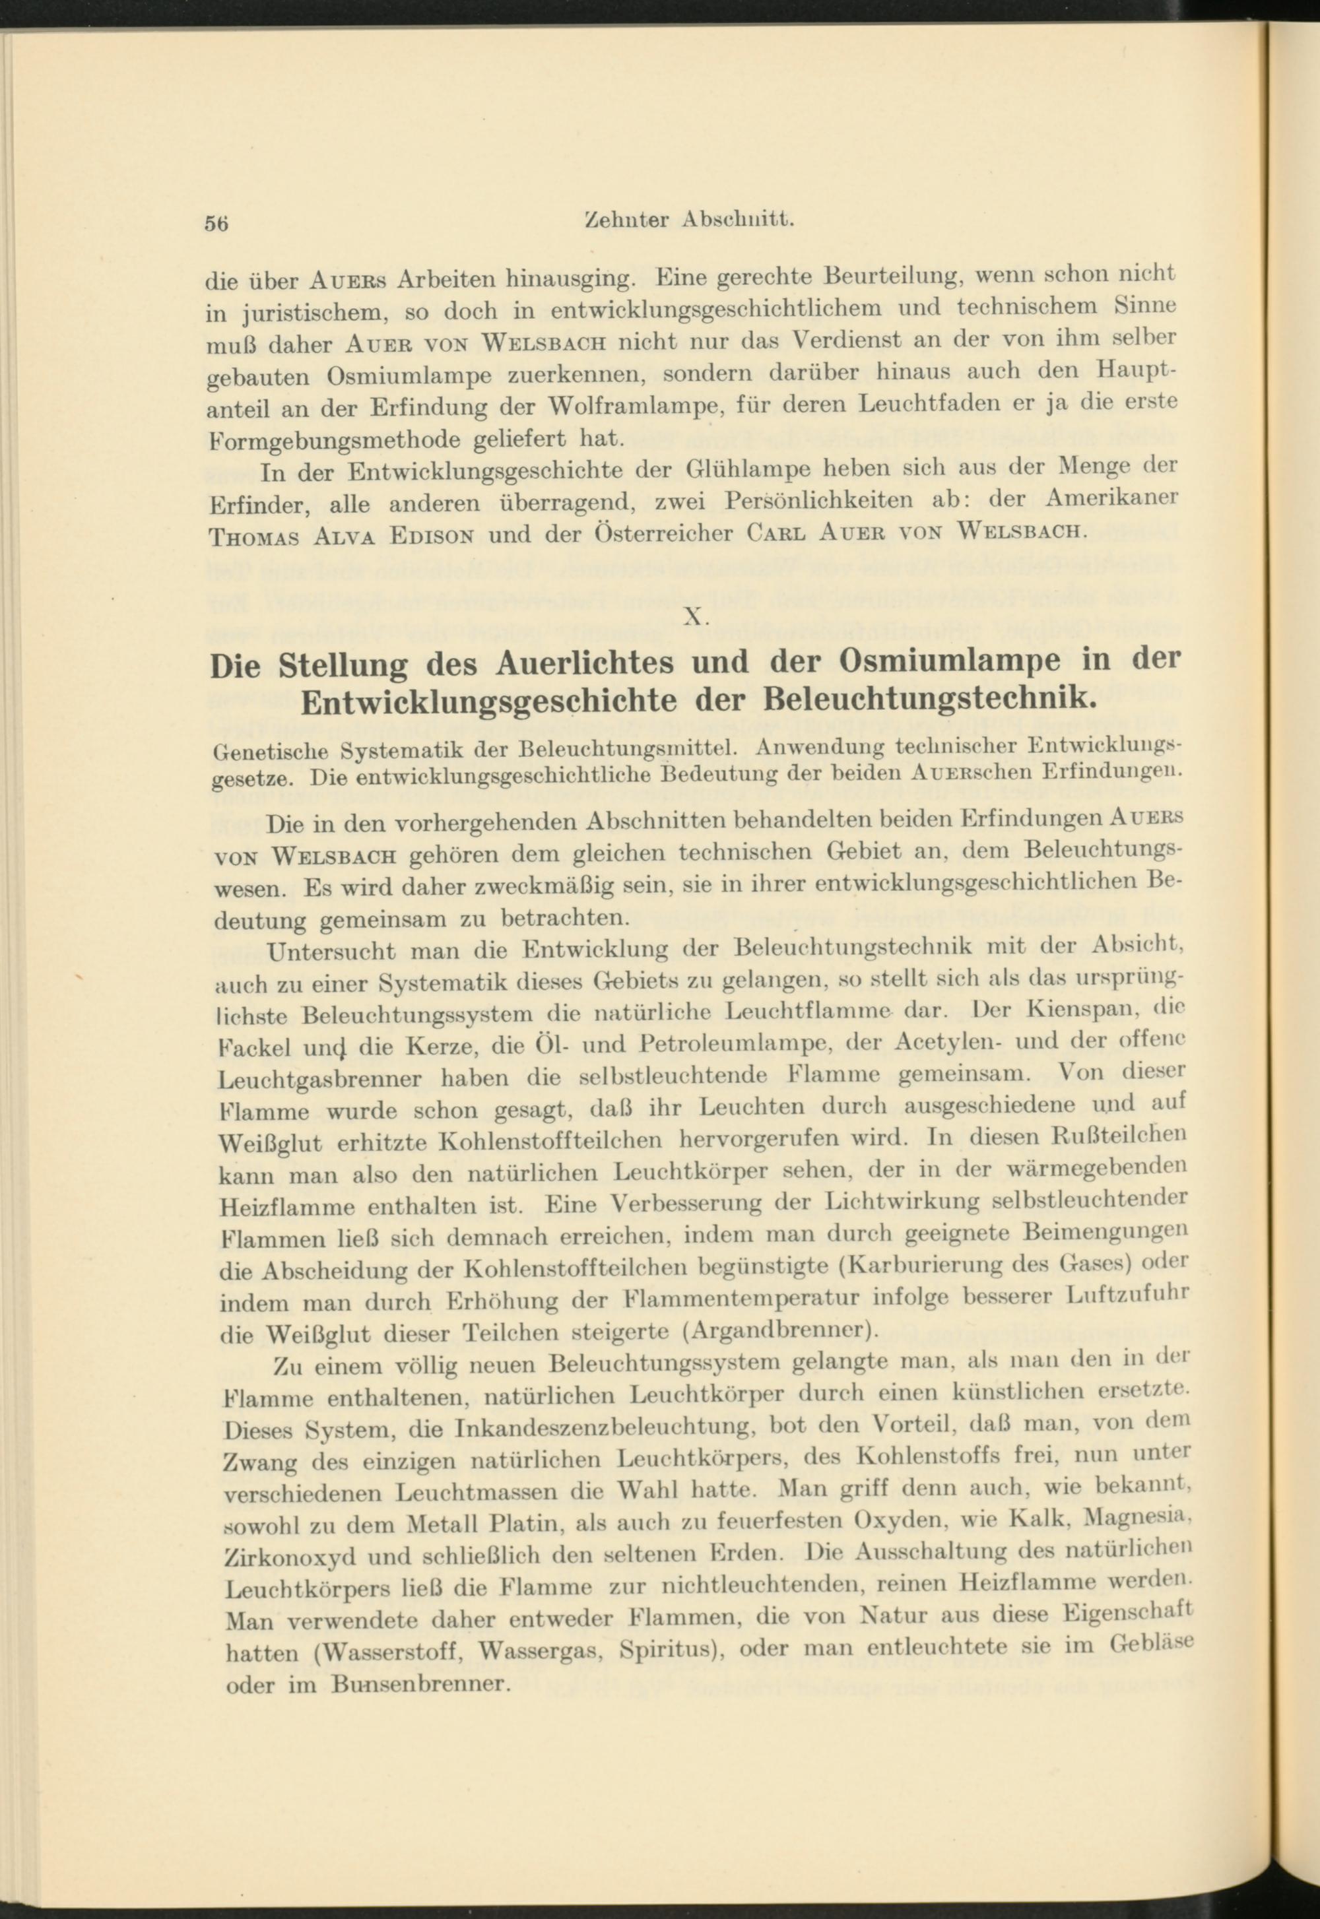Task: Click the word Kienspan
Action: (1074, 1011)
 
